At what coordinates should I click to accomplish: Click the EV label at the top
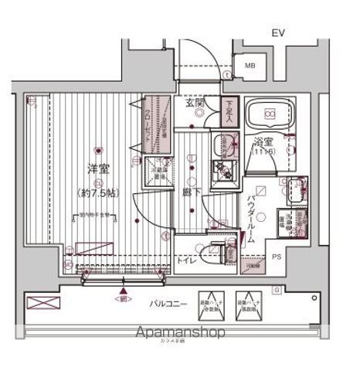pos(277,32)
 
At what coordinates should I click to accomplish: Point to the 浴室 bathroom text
pos(263,142)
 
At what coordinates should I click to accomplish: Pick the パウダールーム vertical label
pos(252,219)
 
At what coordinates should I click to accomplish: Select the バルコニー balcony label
pos(168,305)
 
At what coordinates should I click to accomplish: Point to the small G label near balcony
pos(297,289)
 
